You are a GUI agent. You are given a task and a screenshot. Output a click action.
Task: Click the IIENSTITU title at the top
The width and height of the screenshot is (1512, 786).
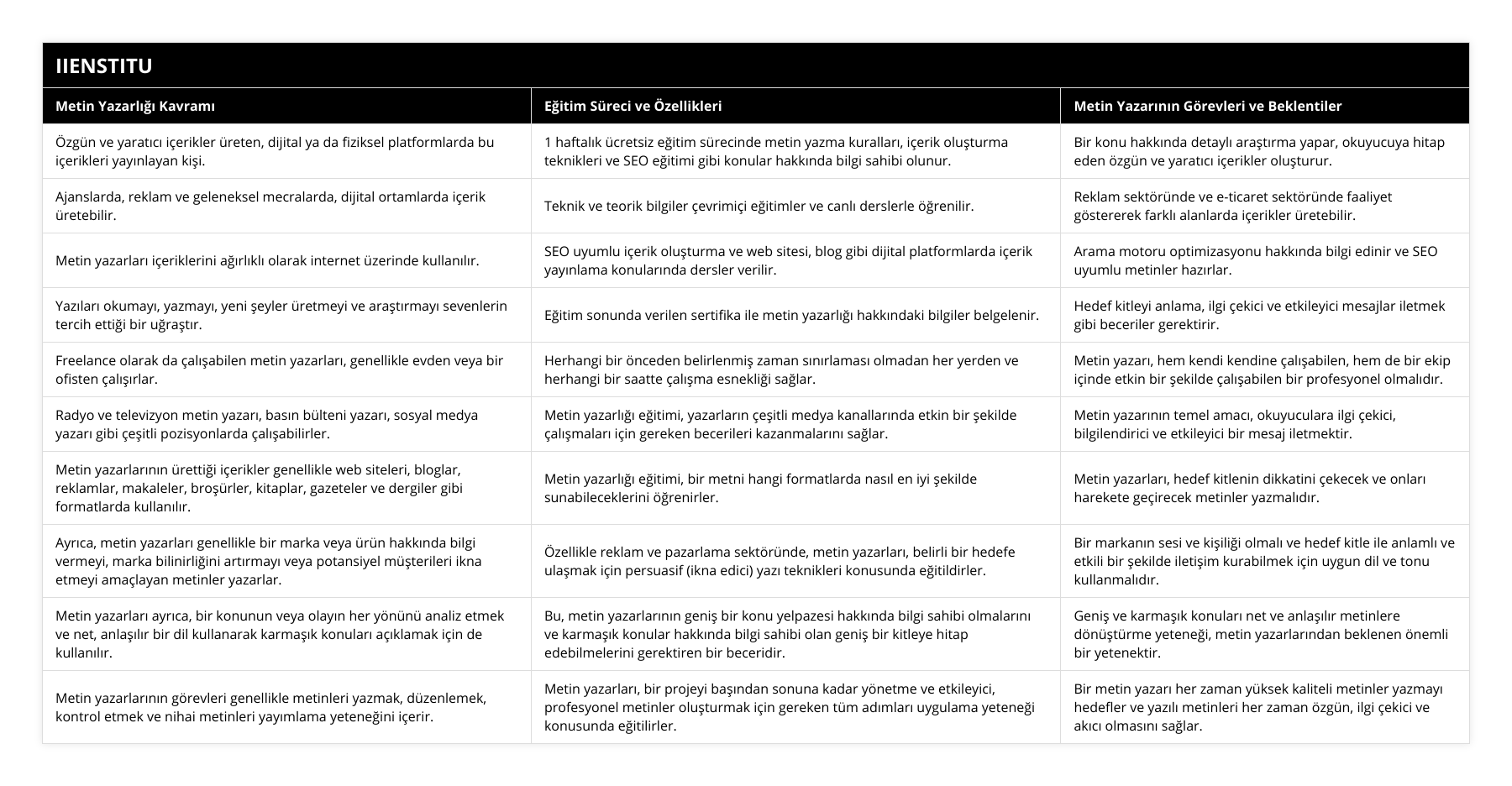click(104, 65)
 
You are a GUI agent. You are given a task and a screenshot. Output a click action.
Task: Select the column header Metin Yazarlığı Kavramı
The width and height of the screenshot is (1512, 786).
click(135, 106)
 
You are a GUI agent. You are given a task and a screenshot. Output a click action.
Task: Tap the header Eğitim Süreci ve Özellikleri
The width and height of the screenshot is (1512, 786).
click(633, 106)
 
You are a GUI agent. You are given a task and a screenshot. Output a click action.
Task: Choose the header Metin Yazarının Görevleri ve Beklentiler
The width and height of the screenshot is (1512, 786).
click(1207, 106)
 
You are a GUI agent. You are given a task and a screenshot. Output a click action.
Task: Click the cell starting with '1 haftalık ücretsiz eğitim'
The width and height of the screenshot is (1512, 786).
click(775, 151)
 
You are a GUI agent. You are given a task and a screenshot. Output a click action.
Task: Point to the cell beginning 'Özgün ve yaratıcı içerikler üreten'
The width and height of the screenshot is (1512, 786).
click(275, 151)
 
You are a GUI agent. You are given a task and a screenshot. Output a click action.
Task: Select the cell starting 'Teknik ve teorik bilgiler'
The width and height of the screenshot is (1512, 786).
click(759, 206)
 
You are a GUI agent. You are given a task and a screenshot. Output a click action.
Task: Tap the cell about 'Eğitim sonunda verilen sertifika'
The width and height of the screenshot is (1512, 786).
click(791, 315)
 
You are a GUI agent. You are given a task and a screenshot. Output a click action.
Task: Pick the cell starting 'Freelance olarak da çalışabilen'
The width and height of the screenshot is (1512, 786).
click(279, 369)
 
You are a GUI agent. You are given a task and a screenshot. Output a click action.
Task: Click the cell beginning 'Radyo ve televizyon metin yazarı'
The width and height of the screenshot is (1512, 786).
click(266, 424)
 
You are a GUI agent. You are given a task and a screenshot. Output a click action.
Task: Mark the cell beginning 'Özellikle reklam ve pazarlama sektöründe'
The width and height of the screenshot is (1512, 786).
click(779, 561)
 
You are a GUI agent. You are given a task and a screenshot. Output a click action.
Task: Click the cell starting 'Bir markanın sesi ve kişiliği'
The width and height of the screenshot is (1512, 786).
click(1263, 561)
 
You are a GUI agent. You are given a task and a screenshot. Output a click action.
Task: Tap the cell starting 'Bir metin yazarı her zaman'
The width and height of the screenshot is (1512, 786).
click(1257, 707)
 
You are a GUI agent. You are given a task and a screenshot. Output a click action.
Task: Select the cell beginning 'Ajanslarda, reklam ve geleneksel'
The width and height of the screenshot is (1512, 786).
click(270, 206)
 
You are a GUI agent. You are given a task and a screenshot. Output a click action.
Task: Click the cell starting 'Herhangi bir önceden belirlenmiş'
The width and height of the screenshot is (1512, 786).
click(780, 369)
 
